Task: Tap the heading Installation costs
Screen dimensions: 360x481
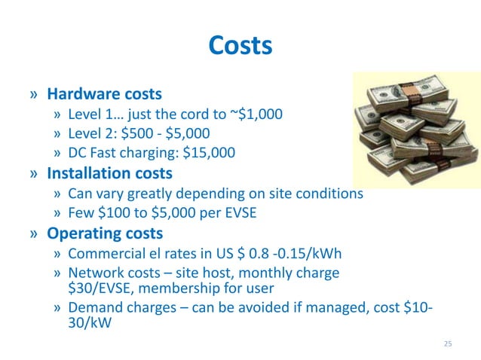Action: point(110,173)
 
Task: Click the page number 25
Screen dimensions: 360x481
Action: point(448,344)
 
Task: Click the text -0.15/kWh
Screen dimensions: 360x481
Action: point(308,252)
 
